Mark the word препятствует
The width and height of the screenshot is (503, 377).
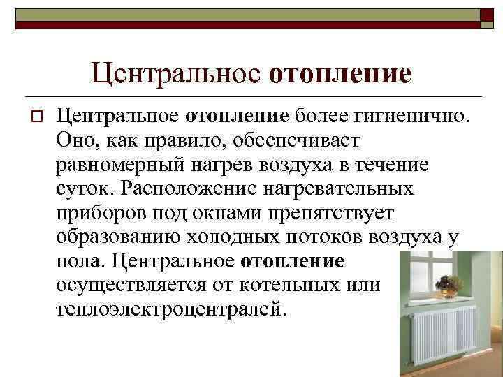click(x=336, y=212)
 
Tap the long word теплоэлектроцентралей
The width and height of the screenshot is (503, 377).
click(x=168, y=309)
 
